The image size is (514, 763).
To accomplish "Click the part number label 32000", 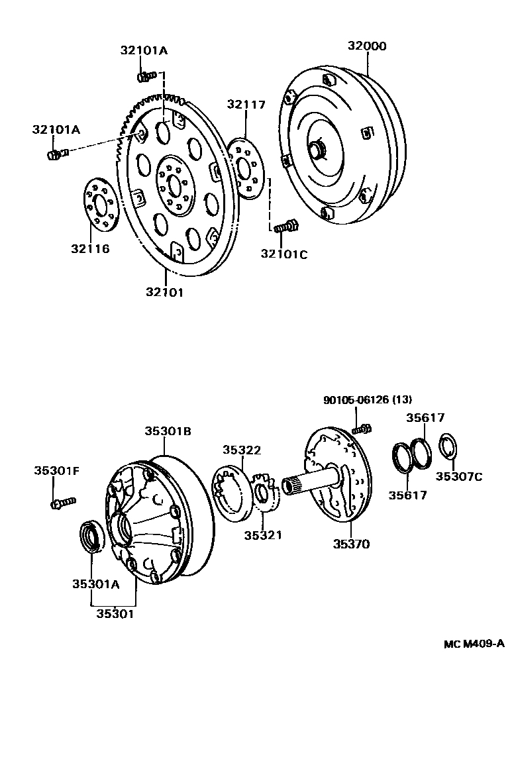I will (x=367, y=46).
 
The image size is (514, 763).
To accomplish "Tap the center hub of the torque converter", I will (x=317, y=150).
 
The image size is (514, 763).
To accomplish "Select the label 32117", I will (x=246, y=104).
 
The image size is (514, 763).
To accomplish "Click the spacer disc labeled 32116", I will (x=100, y=205).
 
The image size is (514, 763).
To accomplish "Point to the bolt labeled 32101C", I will (x=286, y=227).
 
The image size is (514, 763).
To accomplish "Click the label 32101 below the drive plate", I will (x=164, y=291).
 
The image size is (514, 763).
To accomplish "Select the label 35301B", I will (x=168, y=431).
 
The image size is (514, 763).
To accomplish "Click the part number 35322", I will (x=241, y=450).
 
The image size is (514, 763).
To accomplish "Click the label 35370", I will (x=351, y=544).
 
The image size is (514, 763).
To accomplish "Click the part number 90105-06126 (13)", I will (x=367, y=399).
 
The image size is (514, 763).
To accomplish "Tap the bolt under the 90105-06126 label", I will (x=361, y=430).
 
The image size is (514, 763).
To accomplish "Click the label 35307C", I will (x=459, y=476).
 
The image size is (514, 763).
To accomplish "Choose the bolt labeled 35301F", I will (x=62, y=503).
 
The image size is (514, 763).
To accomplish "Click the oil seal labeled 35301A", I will (x=91, y=536).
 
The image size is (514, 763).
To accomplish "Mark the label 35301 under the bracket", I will (x=115, y=614).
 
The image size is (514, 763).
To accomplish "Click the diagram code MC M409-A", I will (x=474, y=643).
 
